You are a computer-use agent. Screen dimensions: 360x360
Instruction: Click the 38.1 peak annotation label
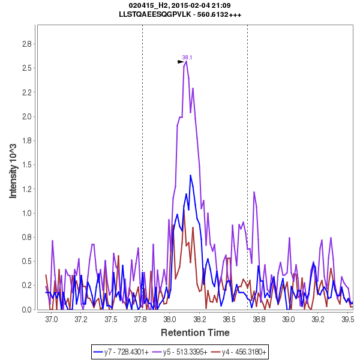point(187,58)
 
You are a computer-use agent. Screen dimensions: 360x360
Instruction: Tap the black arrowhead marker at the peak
point(181,61)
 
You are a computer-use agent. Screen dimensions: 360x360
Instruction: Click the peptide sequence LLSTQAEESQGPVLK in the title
point(158,14)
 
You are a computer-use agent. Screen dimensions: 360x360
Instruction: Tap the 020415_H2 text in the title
point(149,5)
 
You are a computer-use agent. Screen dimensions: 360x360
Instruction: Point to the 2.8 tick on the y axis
point(26,44)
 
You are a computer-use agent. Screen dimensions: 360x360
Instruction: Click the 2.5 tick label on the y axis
point(26,68)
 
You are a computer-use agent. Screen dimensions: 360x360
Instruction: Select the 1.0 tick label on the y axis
point(26,213)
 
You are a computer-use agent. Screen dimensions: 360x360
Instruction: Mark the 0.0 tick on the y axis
point(26,310)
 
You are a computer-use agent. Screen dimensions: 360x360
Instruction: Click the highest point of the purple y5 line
point(187,61)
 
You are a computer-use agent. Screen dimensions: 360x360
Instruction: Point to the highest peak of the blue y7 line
point(191,175)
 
